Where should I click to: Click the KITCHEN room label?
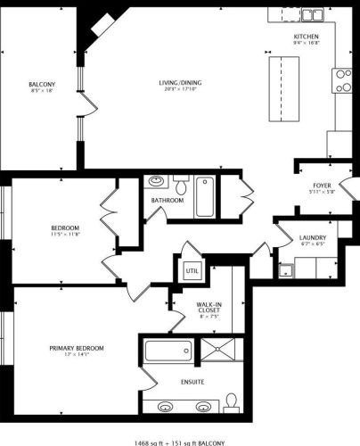[x=307, y=35]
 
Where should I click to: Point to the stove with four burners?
[x=343, y=82]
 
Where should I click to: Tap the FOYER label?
[x=322, y=185]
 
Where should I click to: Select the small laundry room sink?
[x=287, y=268]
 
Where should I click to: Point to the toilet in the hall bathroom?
[x=181, y=186]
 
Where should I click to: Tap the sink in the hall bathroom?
[x=157, y=181]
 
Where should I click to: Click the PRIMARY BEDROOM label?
[x=78, y=348]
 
